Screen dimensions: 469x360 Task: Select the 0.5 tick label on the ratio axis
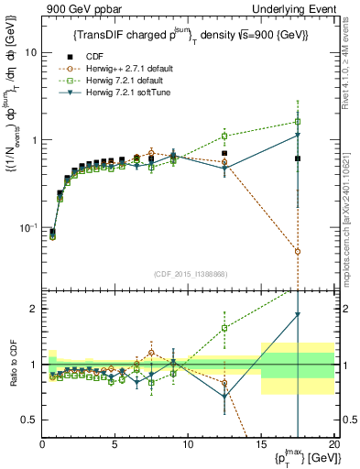tap(27, 420)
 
